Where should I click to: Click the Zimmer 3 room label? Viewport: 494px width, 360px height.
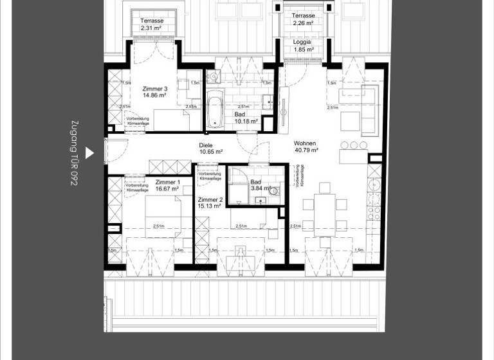pos(155,89)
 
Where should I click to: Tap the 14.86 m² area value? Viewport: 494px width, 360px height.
pos(155,95)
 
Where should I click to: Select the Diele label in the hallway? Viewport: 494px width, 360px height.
pos(206,145)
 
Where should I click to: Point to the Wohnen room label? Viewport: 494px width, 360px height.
pos(305,143)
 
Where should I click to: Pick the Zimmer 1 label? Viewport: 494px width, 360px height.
pos(149,183)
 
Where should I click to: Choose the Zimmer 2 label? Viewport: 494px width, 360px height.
pos(210,200)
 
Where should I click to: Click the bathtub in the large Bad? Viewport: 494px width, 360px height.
pos(214,109)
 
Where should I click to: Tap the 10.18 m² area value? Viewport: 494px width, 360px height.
pos(246,121)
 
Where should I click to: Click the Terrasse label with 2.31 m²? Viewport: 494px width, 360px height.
pos(152,21)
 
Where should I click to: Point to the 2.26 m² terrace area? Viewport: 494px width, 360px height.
pos(303,23)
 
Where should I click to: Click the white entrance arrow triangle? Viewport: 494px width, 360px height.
pos(90,152)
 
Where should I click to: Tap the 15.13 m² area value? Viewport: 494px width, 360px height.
pos(210,206)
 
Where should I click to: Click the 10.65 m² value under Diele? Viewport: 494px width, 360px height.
pos(210,152)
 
